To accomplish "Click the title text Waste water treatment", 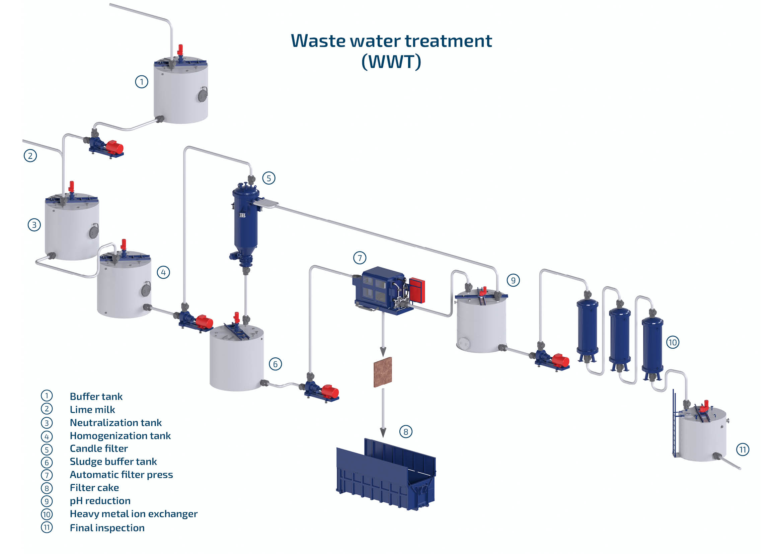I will click(x=391, y=41).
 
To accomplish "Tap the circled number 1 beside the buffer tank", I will click(x=142, y=82).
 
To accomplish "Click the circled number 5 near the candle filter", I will click(x=269, y=178).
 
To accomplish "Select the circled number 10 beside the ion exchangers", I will click(x=673, y=342).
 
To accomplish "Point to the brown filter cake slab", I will click(x=383, y=372).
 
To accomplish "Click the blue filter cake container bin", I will click(x=385, y=478).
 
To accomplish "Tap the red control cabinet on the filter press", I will click(x=417, y=291).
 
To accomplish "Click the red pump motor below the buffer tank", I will click(x=115, y=147).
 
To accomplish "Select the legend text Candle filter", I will click(x=99, y=448).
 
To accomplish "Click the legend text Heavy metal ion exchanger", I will click(x=134, y=514).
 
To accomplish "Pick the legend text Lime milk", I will click(x=92, y=409).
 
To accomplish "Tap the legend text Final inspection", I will click(x=107, y=528).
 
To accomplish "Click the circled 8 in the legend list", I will click(x=47, y=488).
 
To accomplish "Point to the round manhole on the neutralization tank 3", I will click(x=94, y=232).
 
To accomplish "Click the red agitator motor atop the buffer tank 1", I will click(x=180, y=50).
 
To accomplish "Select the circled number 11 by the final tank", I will click(x=743, y=449).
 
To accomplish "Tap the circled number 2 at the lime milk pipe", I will click(x=30, y=156).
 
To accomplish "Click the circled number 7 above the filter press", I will click(x=360, y=258).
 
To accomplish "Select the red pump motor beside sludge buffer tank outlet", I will click(x=330, y=391).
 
